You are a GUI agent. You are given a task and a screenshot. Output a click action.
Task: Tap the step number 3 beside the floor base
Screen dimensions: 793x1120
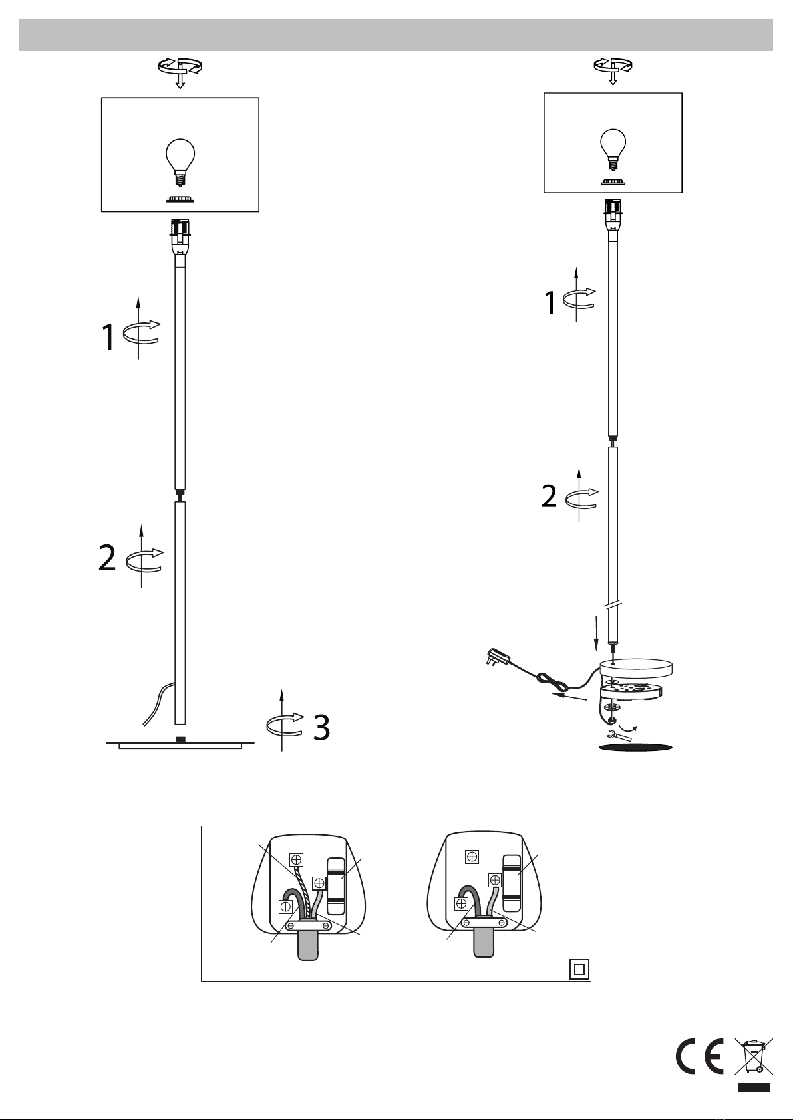[x=322, y=727]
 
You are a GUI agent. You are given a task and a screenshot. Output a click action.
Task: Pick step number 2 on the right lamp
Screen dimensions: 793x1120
[x=549, y=496]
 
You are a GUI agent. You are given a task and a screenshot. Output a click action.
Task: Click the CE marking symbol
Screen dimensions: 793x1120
[x=700, y=1056]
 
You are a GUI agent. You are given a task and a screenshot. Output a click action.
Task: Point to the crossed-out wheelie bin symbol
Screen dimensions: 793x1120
[x=754, y=1056]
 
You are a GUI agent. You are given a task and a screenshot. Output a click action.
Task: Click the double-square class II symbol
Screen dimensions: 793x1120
[x=579, y=970]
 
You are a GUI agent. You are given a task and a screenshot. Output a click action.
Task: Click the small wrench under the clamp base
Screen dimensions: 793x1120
[x=619, y=736]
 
